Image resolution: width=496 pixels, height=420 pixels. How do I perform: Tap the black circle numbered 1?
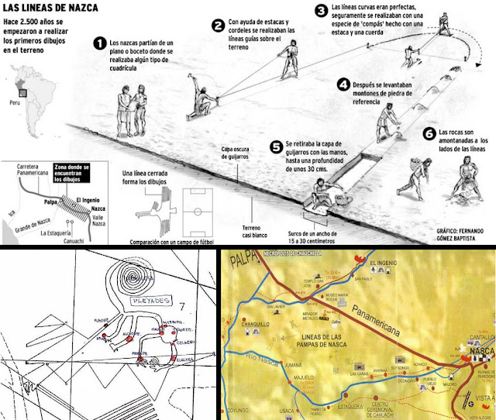[x=99, y=44]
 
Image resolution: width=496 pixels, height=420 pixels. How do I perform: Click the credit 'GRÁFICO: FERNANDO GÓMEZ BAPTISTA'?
[x=456, y=235]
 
